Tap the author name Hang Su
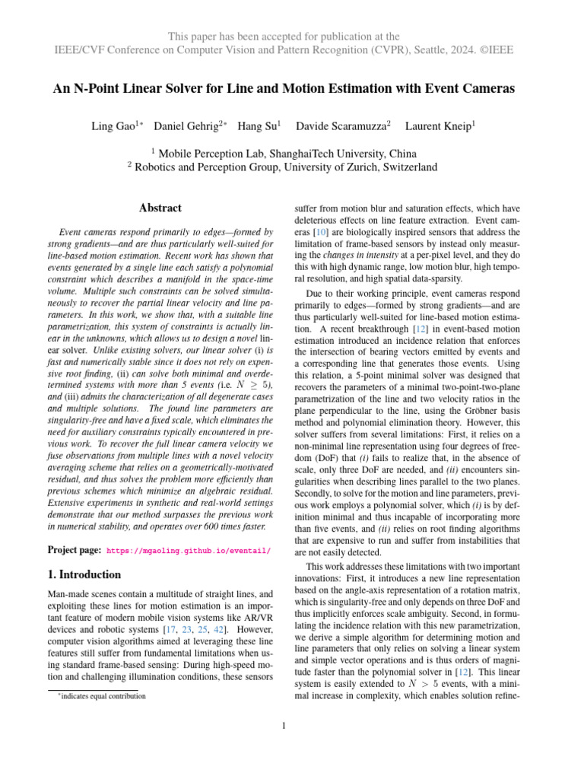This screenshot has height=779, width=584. pyautogui.click(x=257, y=125)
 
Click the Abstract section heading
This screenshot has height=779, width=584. pyautogui.click(x=160, y=208)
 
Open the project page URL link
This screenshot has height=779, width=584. pyautogui.click(x=188, y=549)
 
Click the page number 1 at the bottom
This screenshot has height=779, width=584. pyautogui.click(x=283, y=725)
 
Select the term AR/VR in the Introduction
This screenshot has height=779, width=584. pyautogui.click(x=257, y=617)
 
